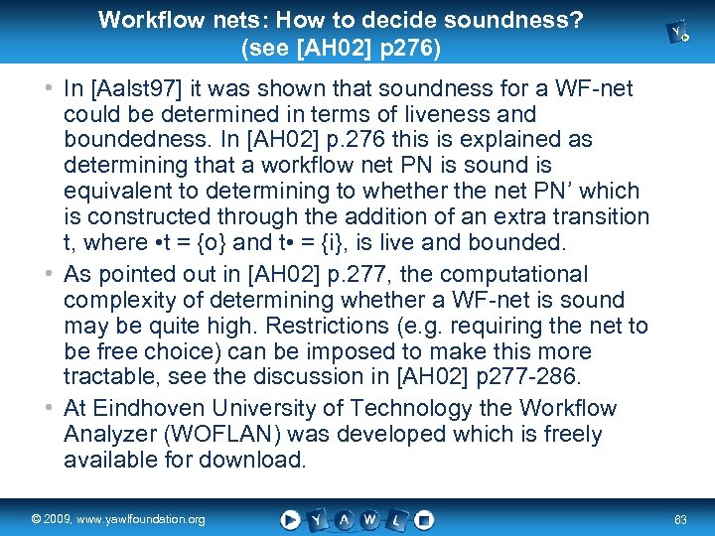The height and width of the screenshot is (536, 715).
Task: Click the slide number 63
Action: click(680, 519)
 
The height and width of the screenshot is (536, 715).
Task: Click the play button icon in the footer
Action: click(290, 518)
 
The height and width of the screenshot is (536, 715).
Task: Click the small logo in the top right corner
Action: click(680, 34)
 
